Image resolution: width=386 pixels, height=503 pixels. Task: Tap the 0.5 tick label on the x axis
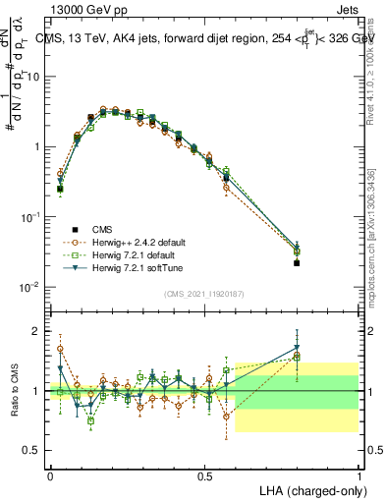(204, 475)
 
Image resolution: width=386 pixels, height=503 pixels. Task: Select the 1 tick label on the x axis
(358, 475)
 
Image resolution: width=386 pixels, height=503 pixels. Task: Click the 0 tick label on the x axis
(50, 475)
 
